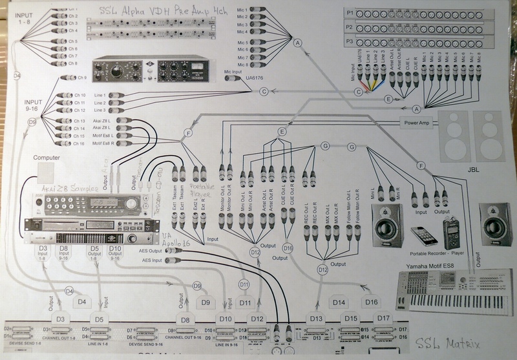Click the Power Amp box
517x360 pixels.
(416, 122)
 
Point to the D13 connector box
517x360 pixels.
(316, 318)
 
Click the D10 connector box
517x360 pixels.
(226, 319)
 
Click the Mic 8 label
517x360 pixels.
(242, 65)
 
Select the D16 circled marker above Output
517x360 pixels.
(288, 248)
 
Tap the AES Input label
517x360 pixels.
(153, 260)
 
